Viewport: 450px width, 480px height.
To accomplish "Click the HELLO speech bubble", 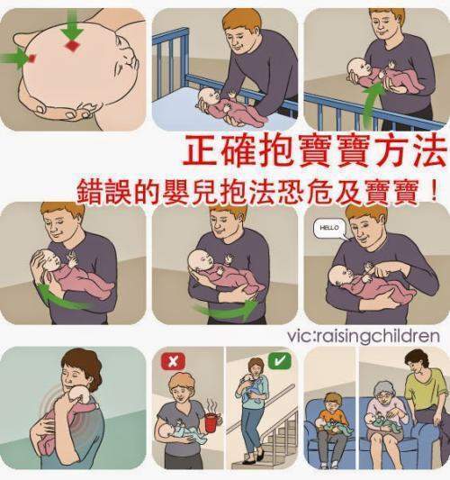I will click(x=328, y=229).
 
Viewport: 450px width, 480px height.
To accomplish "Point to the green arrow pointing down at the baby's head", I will click(x=73, y=31).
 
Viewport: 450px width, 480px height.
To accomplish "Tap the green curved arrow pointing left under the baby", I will click(x=59, y=297).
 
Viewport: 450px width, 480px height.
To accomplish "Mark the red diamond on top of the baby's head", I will click(x=73, y=46).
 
